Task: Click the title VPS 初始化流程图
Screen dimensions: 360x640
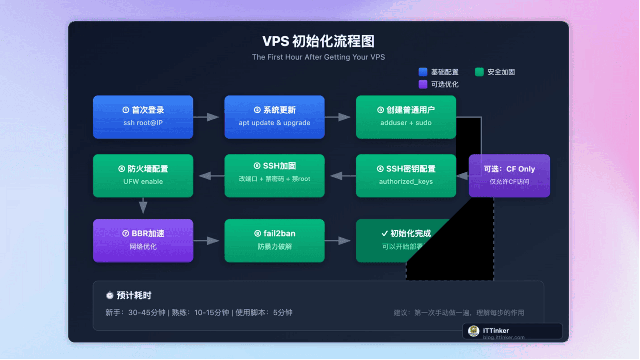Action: pyautogui.click(x=318, y=41)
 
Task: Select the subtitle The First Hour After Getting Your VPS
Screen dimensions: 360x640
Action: pyautogui.click(x=318, y=57)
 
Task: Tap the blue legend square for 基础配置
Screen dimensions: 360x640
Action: pyautogui.click(x=423, y=72)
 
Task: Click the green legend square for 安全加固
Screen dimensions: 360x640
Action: pyautogui.click(x=479, y=72)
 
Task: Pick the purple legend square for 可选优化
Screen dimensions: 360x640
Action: pyautogui.click(x=423, y=84)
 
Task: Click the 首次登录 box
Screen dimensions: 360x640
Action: pyautogui.click(x=143, y=117)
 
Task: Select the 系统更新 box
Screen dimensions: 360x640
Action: pyautogui.click(x=274, y=117)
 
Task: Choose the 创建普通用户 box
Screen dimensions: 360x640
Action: pyautogui.click(x=406, y=117)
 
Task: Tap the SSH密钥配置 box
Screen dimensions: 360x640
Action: pyautogui.click(x=406, y=175)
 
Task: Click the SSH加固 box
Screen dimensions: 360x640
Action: pyautogui.click(x=274, y=175)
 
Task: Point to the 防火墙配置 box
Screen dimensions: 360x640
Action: pyautogui.click(x=143, y=175)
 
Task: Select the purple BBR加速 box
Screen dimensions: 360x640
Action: pyautogui.click(x=143, y=240)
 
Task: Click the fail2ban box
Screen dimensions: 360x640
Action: pyautogui.click(x=274, y=240)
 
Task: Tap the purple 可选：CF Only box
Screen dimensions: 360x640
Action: pyautogui.click(x=509, y=175)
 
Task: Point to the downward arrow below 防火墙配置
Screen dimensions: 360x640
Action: pyautogui.click(x=143, y=206)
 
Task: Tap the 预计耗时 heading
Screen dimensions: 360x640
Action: pyautogui.click(x=128, y=295)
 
